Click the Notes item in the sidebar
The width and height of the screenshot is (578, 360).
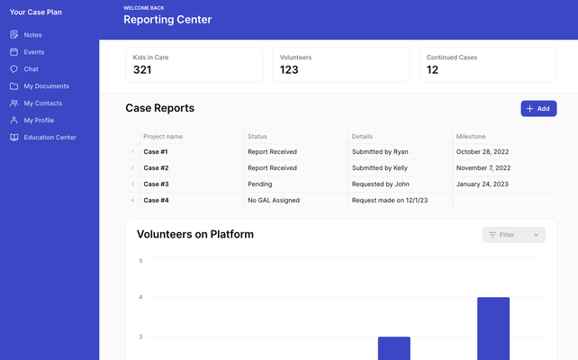tap(32, 35)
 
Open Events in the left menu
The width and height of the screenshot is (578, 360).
tap(33, 52)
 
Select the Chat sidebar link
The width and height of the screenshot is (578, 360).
tap(31, 69)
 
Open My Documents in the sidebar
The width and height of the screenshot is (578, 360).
tap(46, 86)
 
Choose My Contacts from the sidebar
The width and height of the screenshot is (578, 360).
tap(42, 103)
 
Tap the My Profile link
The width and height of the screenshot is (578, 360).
tap(39, 121)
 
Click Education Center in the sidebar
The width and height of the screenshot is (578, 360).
tap(50, 138)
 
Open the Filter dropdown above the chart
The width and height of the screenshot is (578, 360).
tap(514, 235)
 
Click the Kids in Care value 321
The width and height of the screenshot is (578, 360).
tap(142, 70)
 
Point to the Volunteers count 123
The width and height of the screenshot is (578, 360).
tap(289, 70)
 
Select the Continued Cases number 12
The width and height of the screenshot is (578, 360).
tap(432, 70)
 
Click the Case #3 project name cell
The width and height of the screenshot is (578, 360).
tap(156, 184)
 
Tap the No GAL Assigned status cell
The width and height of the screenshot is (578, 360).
tap(275, 201)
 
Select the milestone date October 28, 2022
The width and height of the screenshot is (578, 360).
tap(483, 152)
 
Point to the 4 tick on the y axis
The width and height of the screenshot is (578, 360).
tap(140, 297)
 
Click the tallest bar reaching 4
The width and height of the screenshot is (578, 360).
tap(492, 328)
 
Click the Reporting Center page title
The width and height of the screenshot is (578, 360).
tap(167, 20)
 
